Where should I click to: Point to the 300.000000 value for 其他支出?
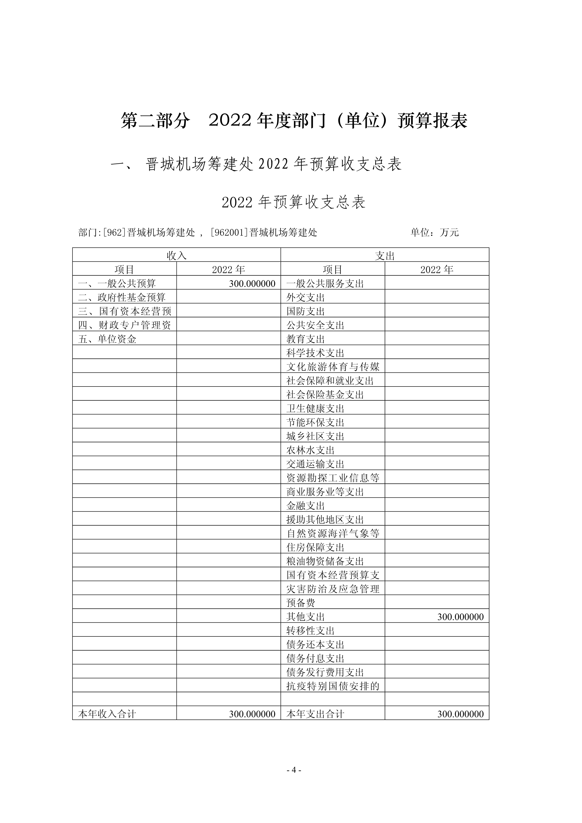pos(460,617)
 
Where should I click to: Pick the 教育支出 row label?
pos(305,339)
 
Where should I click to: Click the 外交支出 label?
pos(305,298)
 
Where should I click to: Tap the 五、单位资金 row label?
pos(107,339)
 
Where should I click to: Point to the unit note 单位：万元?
pos(434,232)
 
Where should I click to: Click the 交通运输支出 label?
pos(315,464)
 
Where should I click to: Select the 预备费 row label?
pos(300,603)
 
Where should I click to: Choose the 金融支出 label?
pos(305,506)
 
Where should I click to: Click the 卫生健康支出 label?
pos(315,409)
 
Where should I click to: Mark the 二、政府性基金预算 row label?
pos(122,298)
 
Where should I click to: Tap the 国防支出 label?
pos(305,311)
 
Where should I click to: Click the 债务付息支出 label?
pos(315,658)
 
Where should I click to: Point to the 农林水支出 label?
pos(310,450)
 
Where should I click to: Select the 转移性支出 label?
pos(310,631)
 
